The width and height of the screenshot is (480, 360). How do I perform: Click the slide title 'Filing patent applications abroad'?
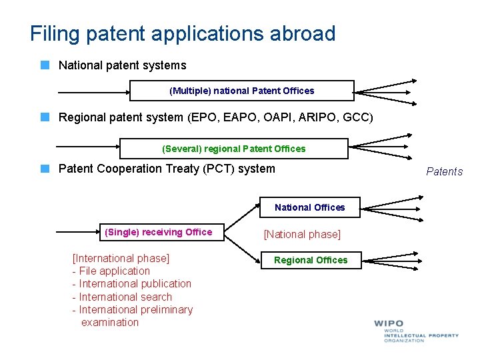pyautogui.click(x=183, y=33)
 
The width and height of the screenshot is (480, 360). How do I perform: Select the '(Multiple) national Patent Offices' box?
pyautogui.click(x=241, y=91)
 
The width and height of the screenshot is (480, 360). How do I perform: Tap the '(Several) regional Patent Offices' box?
pyautogui.click(x=233, y=149)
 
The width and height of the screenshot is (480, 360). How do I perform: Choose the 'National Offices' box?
pyautogui.click(x=309, y=207)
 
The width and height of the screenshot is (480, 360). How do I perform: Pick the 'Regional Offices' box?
pyautogui.click(x=311, y=260)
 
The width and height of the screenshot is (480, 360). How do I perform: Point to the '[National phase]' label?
pyautogui.click(x=302, y=234)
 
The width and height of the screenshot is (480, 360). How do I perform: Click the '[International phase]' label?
pyautogui.click(x=121, y=258)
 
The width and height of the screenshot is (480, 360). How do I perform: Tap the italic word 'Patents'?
pyautogui.click(x=444, y=171)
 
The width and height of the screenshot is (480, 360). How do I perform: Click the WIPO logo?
pyautogui.click(x=415, y=330)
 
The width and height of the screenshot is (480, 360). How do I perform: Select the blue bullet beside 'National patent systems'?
pyautogui.click(x=45, y=65)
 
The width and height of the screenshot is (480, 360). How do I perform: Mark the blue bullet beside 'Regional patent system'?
pyautogui.click(x=45, y=117)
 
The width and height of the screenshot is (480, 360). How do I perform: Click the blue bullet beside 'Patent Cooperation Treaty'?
pyautogui.click(x=45, y=169)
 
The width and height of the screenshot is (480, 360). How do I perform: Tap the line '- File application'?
pyautogui.click(x=111, y=271)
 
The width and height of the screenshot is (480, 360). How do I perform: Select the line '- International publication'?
pyautogui.click(x=131, y=283)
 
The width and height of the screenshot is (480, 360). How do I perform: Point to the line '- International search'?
pyautogui.click(x=122, y=297)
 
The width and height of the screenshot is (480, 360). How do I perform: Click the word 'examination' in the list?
pyautogui.click(x=110, y=322)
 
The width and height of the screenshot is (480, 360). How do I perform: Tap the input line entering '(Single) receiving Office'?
pyautogui.click(x=77, y=232)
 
